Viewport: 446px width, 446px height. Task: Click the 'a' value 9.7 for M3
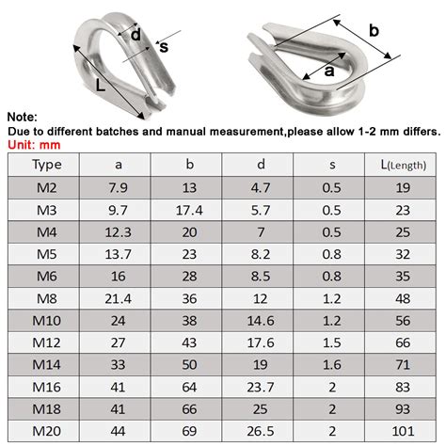pyautogui.click(x=119, y=209)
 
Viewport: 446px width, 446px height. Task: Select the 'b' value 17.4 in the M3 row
pyautogui.click(x=190, y=209)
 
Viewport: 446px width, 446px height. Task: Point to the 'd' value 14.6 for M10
pyautogui.click(x=261, y=320)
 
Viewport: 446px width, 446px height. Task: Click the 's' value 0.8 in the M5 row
pyautogui.click(x=332, y=253)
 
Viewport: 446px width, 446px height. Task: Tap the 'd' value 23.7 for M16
pyautogui.click(x=261, y=386)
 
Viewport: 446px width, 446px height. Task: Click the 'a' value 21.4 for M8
pyautogui.click(x=119, y=297)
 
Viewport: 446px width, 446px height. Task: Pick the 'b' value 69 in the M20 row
pyautogui.click(x=190, y=430)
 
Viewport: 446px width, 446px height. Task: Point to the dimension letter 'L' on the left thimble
pyautogui.click(x=100, y=84)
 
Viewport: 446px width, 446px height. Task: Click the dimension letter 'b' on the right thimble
pyautogui.click(x=373, y=31)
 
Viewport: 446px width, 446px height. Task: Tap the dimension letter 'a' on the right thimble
pyautogui.click(x=330, y=70)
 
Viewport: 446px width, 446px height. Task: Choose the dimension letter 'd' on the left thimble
pyautogui.click(x=135, y=35)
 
